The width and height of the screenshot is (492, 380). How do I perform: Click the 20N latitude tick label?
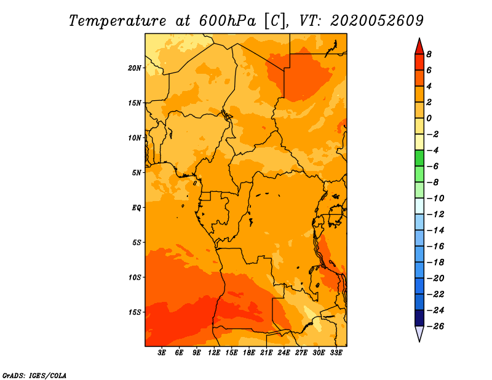click(135, 68)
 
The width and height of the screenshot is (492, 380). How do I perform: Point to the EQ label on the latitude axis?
click(137, 208)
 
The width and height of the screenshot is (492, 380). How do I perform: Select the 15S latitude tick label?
click(135, 312)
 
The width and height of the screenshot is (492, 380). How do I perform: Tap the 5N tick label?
click(137, 173)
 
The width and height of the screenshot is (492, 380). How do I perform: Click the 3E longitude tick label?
click(162, 352)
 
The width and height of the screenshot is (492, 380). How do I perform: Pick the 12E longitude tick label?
click(214, 352)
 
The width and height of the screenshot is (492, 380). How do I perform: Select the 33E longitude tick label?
click(336, 352)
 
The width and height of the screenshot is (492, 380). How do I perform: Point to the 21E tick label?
click(266, 352)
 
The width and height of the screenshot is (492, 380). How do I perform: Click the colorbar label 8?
click(429, 54)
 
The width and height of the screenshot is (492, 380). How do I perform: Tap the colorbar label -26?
click(435, 327)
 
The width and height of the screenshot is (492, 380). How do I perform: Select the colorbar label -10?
click(435, 199)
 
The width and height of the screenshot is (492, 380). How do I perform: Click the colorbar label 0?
click(429, 118)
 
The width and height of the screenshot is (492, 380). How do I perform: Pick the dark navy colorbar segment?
click(419, 318)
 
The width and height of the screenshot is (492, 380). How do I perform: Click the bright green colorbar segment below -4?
click(419, 158)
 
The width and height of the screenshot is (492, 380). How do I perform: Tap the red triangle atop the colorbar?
click(419, 47)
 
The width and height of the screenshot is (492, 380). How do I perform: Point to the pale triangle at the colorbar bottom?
click(419, 333)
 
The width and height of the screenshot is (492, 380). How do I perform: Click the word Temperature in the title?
click(117, 21)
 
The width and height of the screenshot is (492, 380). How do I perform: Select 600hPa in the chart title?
click(228, 21)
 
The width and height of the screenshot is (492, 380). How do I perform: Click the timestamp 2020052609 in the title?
click(377, 21)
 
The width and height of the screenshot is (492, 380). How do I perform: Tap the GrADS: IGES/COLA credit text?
click(34, 376)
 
